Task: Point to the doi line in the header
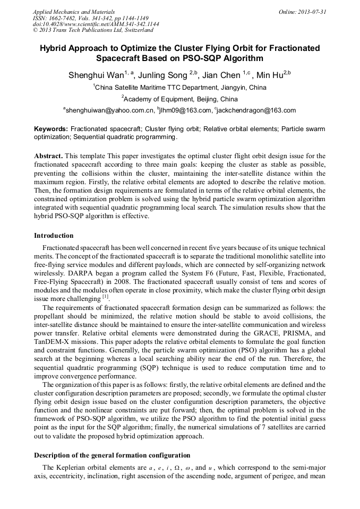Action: coord(96,24)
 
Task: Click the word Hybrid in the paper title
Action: coord(55,48)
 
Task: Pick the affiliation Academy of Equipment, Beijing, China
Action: coord(181,99)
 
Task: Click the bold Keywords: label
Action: coord(51,129)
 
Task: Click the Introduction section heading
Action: coord(54,235)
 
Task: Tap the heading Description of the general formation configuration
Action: coord(112,455)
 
